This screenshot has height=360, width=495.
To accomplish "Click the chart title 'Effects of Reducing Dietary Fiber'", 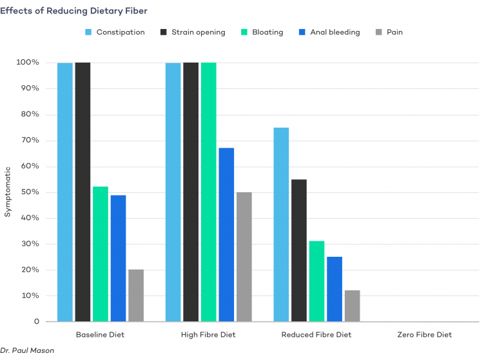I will coord(78,11).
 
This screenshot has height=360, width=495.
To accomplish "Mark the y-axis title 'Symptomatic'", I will coord(8,192).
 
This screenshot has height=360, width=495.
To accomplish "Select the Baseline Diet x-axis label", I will coord(100,335).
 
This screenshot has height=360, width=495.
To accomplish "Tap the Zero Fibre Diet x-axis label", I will coord(423,335).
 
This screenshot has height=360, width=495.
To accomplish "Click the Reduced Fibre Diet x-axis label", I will coord(316,335).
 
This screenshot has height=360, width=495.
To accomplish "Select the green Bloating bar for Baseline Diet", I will coord(101,254).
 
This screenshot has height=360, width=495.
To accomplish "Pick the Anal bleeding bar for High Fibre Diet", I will coord(226,235).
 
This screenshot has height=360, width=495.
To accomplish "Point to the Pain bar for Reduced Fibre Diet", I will coord(353,306).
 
